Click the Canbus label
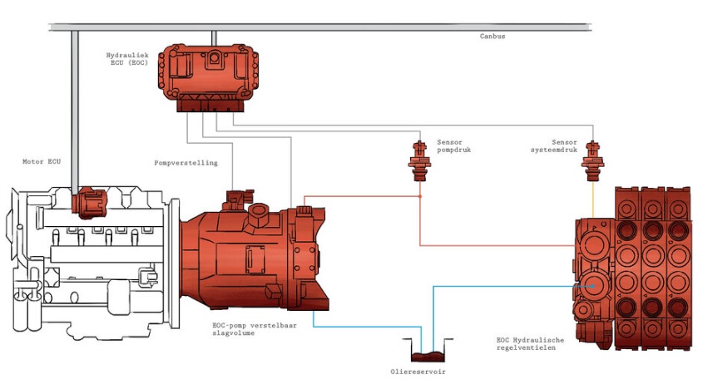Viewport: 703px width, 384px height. (x=493, y=37)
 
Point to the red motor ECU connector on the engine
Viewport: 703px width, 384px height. (x=90, y=203)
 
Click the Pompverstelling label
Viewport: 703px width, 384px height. (x=186, y=163)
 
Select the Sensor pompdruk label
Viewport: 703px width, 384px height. (x=454, y=146)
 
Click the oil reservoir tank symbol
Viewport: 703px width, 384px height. (x=424, y=348)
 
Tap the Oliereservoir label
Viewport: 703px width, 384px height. (x=424, y=372)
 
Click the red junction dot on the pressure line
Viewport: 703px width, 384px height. (x=420, y=196)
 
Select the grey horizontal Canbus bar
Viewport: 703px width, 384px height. (x=333, y=28)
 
